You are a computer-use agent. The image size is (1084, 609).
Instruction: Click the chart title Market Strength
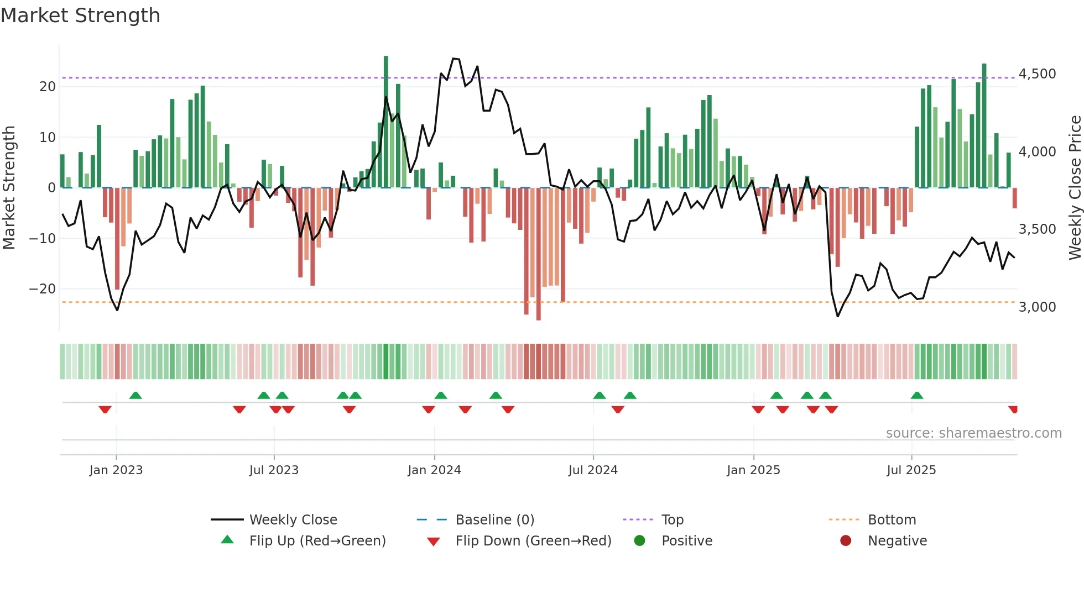[80, 15]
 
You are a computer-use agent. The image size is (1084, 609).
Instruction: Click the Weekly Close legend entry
[293, 520]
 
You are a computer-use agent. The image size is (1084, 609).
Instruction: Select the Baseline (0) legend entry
[494, 520]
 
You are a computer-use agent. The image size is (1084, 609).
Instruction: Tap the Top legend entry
[672, 520]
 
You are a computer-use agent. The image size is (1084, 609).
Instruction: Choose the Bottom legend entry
[892, 520]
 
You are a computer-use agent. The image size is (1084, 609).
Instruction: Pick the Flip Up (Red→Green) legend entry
[317, 541]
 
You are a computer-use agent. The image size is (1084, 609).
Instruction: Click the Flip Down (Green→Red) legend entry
[533, 541]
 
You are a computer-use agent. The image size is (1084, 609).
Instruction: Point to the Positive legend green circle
[640, 541]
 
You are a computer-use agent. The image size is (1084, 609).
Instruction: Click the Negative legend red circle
[846, 541]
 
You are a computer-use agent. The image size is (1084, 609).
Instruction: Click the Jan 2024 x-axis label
[434, 470]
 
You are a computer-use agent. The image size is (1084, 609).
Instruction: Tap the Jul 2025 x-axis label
[911, 470]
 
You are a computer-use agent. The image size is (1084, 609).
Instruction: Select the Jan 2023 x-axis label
[116, 470]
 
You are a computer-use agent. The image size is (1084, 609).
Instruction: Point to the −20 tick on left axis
[42, 289]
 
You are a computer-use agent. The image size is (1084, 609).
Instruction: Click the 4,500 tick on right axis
[1037, 74]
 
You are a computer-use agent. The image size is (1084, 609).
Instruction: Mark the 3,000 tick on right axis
[1037, 307]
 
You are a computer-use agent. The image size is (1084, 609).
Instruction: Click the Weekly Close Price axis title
[1075, 188]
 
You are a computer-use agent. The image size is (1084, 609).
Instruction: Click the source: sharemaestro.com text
[973, 433]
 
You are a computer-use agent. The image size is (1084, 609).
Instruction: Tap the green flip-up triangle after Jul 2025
[917, 396]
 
